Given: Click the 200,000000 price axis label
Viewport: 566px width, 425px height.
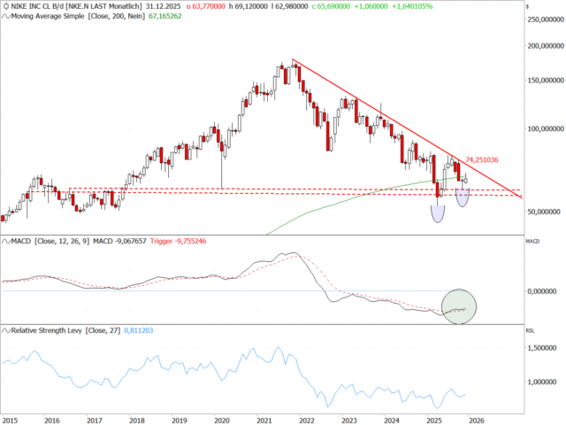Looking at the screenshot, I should pos(544,45).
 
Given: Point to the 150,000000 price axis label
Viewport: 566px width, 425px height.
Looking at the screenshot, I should pos(544,80).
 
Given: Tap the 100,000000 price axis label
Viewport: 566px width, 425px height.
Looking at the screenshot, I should pos(544,128).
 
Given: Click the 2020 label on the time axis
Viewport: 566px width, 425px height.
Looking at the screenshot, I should pos(221,421).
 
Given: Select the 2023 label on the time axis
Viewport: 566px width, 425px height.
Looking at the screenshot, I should pos(349,421).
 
